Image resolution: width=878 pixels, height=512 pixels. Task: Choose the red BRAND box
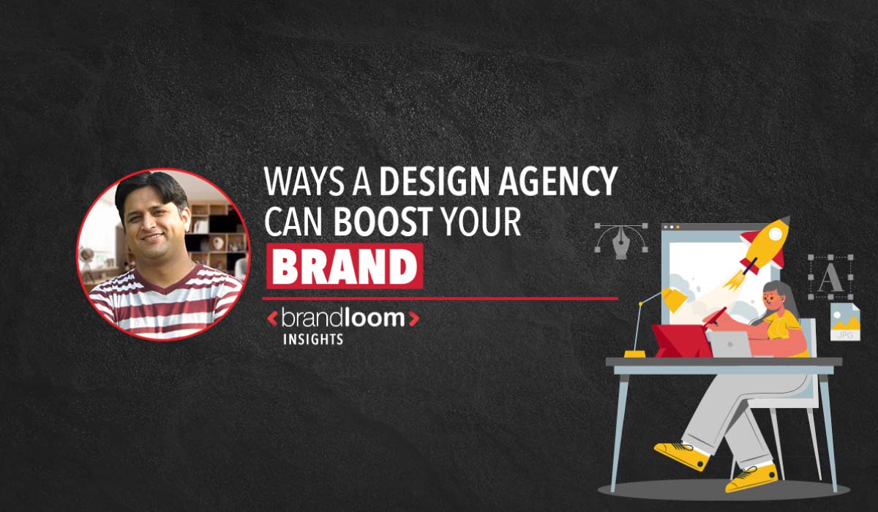(x=345, y=266)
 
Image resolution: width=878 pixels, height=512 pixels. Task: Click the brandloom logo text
(x=343, y=318)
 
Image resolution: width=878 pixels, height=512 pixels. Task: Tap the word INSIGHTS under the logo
(x=313, y=339)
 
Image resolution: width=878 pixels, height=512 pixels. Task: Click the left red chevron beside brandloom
(x=272, y=319)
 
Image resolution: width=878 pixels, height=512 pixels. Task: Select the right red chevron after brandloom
(x=414, y=319)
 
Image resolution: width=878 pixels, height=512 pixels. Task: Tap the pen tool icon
(x=621, y=241)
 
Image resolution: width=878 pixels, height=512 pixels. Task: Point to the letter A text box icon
(x=830, y=277)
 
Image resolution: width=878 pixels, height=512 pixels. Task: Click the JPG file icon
(x=845, y=322)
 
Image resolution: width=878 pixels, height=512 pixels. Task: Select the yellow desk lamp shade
(x=675, y=298)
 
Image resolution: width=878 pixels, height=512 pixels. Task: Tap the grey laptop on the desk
(x=731, y=344)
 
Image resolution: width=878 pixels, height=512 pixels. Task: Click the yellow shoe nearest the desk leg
(x=682, y=455)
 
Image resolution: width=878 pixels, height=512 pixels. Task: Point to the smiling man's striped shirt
(x=165, y=301)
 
